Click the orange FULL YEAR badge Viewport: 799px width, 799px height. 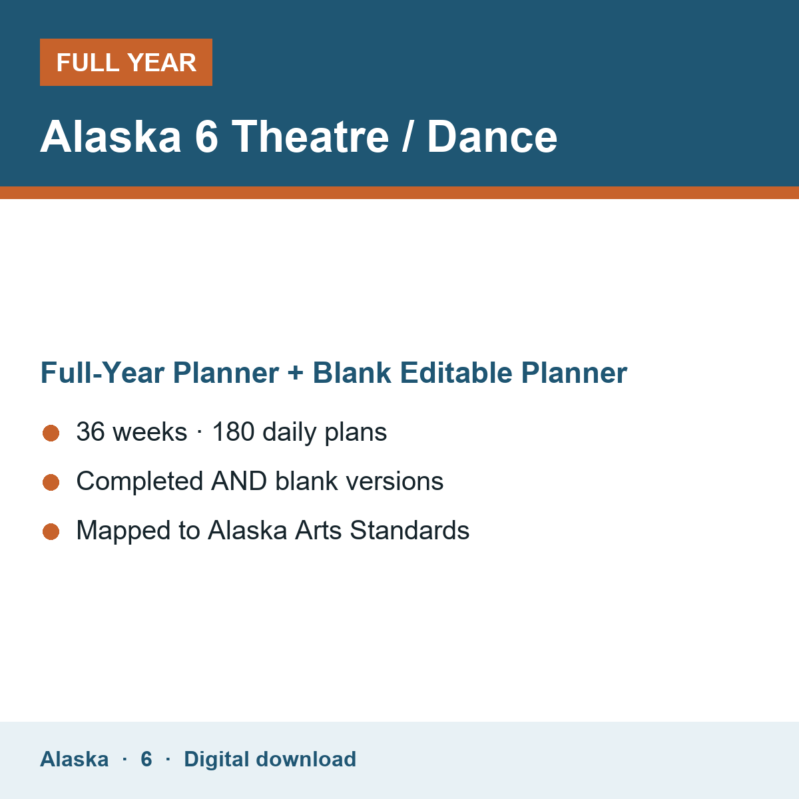(x=126, y=62)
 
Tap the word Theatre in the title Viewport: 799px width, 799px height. (x=310, y=136)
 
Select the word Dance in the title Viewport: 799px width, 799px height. (x=492, y=136)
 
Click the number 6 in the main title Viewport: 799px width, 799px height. (x=206, y=136)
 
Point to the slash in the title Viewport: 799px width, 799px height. (x=408, y=136)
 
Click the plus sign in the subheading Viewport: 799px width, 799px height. (x=296, y=373)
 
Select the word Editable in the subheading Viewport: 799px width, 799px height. (x=456, y=373)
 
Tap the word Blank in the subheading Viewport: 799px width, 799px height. (x=352, y=373)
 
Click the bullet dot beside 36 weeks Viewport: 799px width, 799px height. (x=51, y=433)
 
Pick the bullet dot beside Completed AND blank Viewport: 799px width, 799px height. (x=51, y=482)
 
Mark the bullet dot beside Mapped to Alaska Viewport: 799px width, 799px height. (x=51, y=531)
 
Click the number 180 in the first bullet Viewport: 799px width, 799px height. (x=234, y=431)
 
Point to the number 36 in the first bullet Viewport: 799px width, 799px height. (x=91, y=431)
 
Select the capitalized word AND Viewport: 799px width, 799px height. (x=239, y=481)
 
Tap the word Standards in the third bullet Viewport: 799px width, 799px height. (x=409, y=530)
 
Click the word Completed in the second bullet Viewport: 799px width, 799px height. (x=140, y=481)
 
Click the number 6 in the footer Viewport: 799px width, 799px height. (x=146, y=759)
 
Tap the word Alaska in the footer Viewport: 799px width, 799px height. (x=74, y=759)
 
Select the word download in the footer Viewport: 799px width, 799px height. (x=306, y=759)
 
